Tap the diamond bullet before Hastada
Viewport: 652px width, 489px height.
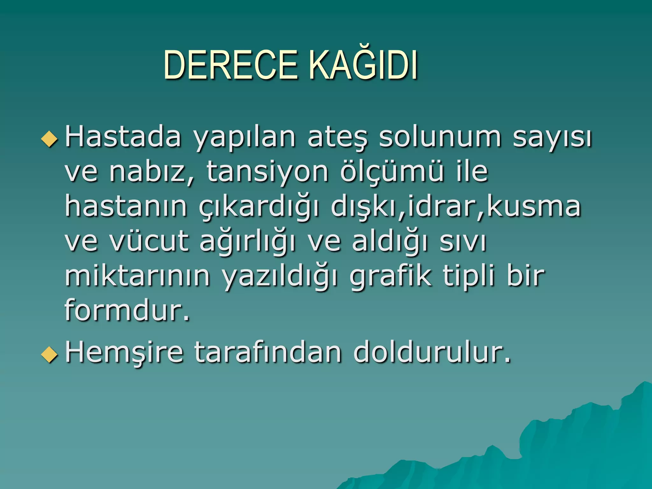50,139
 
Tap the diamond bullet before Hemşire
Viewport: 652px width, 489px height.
50,354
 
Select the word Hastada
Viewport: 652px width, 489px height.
123,137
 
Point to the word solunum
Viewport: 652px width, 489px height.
440,137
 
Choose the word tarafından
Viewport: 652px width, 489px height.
268,352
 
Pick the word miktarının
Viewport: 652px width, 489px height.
137,276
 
